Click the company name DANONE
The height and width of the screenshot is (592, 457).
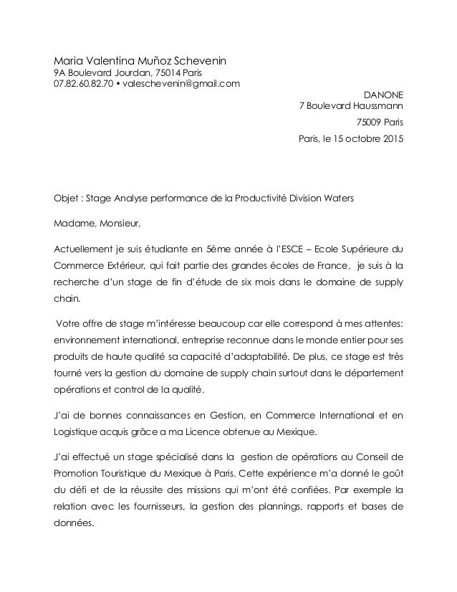383,94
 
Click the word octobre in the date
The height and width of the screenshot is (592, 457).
361,138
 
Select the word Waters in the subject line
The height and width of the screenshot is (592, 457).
337,198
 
